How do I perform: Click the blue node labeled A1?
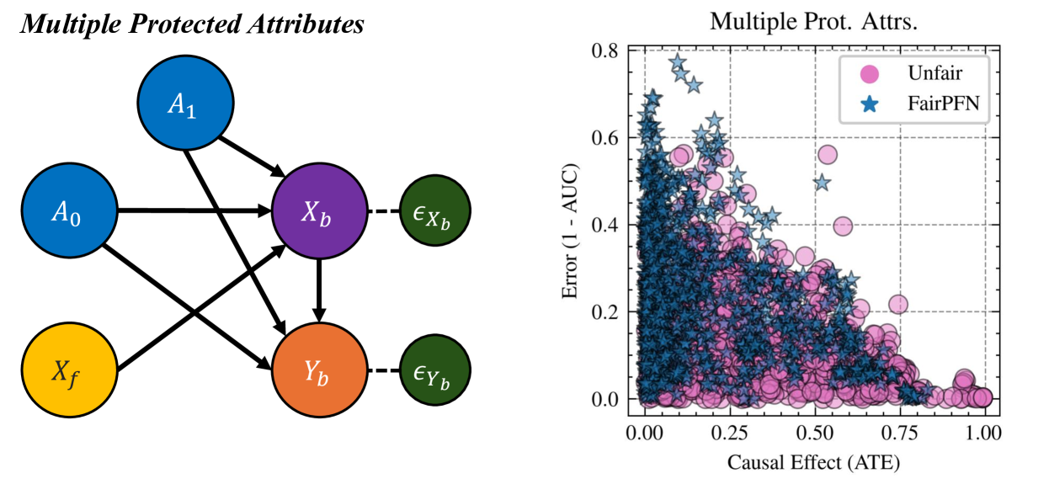click(185, 104)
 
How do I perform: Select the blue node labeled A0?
click(70, 211)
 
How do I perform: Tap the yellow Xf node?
click(70, 370)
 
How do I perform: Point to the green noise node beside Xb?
click(434, 211)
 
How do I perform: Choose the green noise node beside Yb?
click(434, 370)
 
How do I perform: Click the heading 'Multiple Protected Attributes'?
click(192, 24)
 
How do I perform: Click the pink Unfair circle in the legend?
click(868, 73)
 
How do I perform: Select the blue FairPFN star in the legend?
click(868, 103)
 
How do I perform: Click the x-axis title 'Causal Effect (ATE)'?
click(812, 461)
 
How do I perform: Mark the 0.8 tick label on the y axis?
click(608, 51)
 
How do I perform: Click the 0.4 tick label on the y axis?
click(608, 225)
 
